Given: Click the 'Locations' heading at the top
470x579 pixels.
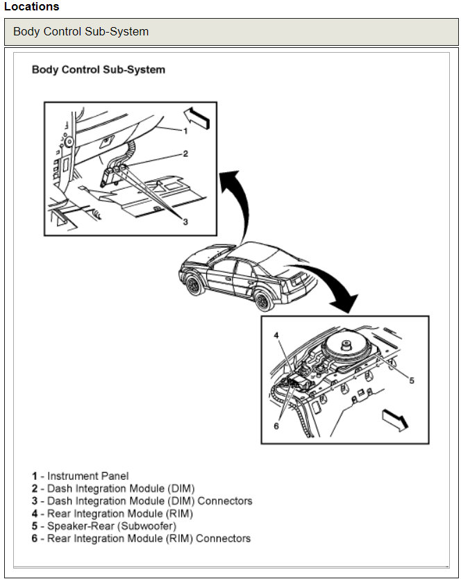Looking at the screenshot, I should pyautogui.click(x=32, y=7).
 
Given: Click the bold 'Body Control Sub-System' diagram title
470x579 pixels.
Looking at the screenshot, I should pyautogui.click(x=99, y=70).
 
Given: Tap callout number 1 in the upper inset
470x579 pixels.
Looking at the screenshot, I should pyautogui.click(x=185, y=131).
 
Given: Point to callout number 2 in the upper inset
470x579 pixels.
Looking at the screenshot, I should pyautogui.click(x=185, y=154).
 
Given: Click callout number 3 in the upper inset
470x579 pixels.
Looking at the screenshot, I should pyautogui.click(x=185, y=221).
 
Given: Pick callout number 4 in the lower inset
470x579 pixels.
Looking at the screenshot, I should pyautogui.click(x=276, y=335).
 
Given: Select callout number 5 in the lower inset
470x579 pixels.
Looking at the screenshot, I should pyautogui.click(x=411, y=380).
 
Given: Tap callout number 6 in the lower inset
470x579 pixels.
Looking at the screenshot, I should pyautogui.click(x=276, y=426).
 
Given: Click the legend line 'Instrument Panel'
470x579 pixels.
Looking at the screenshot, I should pyautogui.click(x=81, y=476).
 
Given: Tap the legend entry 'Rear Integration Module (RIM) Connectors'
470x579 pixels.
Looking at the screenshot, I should pyautogui.click(x=142, y=539).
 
